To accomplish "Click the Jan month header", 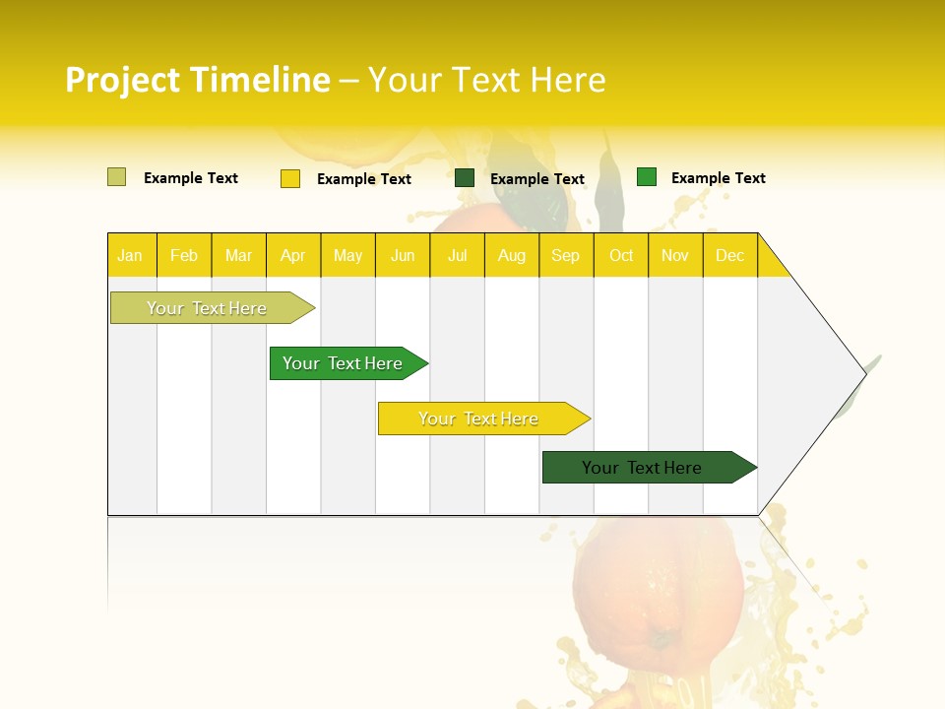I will (130, 256).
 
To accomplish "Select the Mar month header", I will (238, 256).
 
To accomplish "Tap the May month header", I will (347, 256).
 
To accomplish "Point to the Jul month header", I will (457, 256).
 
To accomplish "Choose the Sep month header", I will (565, 256).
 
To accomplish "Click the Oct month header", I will (621, 256).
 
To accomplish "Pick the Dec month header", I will (729, 256).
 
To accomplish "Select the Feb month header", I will (184, 256).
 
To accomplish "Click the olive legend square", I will (117, 177).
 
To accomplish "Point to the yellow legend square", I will (290, 178).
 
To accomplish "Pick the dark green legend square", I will (465, 178).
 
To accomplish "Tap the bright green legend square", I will (647, 177).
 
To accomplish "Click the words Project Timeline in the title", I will (198, 80).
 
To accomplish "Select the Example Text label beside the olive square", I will (191, 178).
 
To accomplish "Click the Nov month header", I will (675, 256).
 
